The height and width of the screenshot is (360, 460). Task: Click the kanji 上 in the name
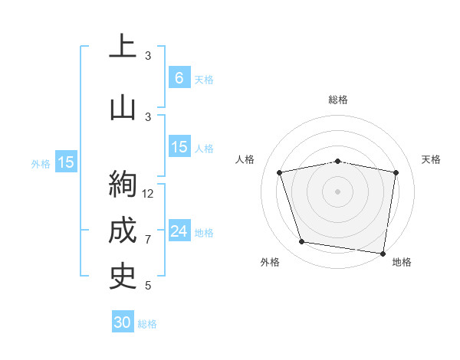pyautogui.click(x=123, y=47)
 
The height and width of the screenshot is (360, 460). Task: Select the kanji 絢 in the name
pyautogui.click(x=123, y=185)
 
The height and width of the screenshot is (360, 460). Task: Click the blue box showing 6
pyautogui.click(x=179, y=78)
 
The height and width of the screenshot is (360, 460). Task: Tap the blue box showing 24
pyautogui.click(x=179, y=231)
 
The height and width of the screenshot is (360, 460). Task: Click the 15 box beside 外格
pyautogui.click(x=66, y=162)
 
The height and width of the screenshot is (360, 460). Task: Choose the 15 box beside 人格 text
pyautogui.click(x=179, y=147)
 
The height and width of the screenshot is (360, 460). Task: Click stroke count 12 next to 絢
pyautogui.click(x=149, y=194)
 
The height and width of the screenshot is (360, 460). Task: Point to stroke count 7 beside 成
pyautogui.click(x=148, y=240)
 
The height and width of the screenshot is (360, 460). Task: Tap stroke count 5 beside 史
pyautogui.click(x=148, y=286)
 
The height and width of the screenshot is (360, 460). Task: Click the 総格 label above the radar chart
pyautogui.click(x=338, y=100)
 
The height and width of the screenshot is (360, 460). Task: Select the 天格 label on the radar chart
pyautogui.click(x=432, y=159)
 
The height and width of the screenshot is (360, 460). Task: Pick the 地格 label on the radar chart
pyautogui.click(x=402, y=262)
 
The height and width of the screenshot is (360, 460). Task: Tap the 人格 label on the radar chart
pyautogui.click(x=245, y=159)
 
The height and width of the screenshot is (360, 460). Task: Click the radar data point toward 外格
pyautogui.click(x=302, y=242)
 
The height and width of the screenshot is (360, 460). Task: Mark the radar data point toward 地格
pyautogui.click(x=382, y=253)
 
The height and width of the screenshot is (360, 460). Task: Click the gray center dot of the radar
pyautogui.click(x=338, y=191)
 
